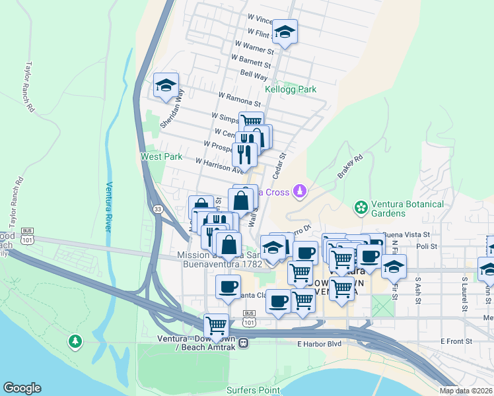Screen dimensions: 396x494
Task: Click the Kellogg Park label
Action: (291, 89)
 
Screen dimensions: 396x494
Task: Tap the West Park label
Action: (161, 157)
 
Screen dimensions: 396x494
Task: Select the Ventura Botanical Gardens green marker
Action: (361, 208)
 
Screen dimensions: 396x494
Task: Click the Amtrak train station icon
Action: (244, 343)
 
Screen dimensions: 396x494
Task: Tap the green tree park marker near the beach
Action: (75, 341)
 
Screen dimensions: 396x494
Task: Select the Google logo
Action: (22, 388)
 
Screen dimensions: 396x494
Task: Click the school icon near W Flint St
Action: (285, 32)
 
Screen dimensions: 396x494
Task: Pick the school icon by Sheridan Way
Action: (166, 85)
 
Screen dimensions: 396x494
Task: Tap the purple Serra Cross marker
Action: (300, 191)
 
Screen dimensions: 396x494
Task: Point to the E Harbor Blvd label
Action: (318, 344)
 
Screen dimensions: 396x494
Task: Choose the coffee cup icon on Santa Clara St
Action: (229, 287)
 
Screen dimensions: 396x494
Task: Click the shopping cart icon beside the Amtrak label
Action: (216, 325)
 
